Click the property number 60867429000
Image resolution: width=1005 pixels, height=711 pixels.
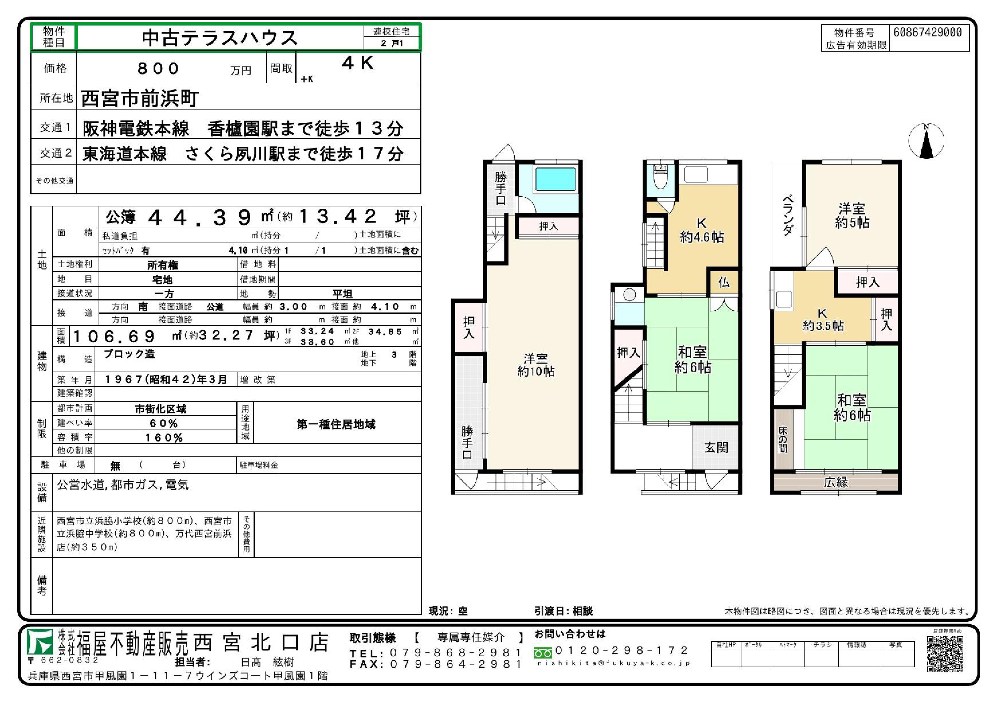(928, 32)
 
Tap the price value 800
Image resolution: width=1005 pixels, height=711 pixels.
(158, 68)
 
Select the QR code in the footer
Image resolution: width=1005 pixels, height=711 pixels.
(945, 654)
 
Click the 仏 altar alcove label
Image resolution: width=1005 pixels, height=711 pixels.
(724, 282)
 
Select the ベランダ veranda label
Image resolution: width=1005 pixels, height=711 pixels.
(788, 215)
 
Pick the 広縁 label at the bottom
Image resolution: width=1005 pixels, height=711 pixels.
(836, 482)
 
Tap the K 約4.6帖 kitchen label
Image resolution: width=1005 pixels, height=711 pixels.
(702, 231)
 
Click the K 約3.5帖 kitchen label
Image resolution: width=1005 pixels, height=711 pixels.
(823, 319)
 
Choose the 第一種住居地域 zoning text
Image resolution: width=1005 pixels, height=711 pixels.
(336, 424)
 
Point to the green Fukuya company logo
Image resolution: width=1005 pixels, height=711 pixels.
(40, 643)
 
